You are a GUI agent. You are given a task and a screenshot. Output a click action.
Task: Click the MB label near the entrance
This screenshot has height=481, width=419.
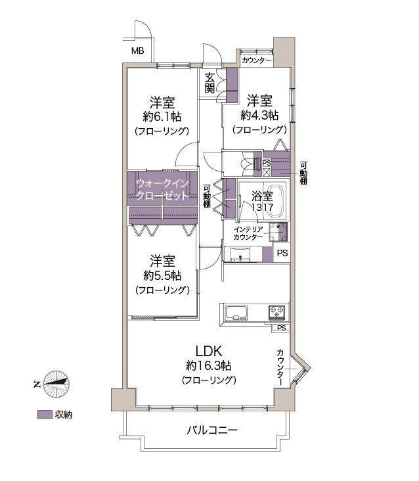pos(138,51)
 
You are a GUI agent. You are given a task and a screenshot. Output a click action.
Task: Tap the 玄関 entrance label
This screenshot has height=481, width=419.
pos(209,83)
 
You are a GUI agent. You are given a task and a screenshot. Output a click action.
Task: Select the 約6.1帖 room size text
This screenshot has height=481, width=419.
pos(162,116)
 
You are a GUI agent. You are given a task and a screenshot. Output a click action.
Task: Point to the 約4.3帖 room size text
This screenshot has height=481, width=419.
pos(259,116)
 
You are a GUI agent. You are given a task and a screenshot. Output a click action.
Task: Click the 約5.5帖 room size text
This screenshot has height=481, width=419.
pos(162,275)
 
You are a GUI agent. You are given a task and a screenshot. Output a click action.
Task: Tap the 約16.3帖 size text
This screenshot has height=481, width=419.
pos(209,365)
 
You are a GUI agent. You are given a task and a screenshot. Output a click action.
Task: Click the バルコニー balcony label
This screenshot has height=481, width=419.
pos(212,430)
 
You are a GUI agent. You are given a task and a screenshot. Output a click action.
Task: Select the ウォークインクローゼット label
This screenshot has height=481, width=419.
pos(162,190)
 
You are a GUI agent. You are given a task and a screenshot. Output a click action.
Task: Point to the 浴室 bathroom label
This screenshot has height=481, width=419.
pos(262,196)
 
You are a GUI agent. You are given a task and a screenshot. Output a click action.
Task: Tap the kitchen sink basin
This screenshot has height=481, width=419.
pos(236,313)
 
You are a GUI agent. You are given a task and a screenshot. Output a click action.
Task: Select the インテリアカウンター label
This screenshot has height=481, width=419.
pos(248,233)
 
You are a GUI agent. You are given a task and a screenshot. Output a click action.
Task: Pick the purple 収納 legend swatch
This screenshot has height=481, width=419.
pos(45,415)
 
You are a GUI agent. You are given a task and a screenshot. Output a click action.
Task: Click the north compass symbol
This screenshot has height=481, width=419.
pos(56,384)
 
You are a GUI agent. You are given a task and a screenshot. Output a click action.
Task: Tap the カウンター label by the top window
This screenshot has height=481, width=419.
pos(257,60)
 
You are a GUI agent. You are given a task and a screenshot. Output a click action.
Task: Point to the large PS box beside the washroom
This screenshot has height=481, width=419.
pos(281,253)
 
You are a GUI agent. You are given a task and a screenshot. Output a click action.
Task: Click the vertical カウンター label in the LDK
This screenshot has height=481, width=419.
pos(280,367)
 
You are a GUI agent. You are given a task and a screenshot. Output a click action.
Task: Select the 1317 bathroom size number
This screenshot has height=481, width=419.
pos(263,207)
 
